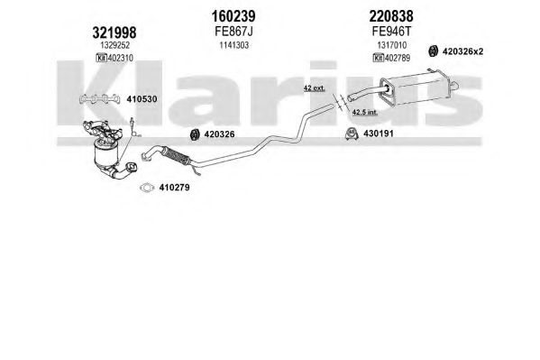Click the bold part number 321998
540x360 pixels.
pos(114,32)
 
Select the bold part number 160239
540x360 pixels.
pos(233,16)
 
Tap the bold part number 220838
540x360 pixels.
pos(391,16)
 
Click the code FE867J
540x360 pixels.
pos(233,32)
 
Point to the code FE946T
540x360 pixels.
pos(391,32)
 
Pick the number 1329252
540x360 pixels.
pos(115,45)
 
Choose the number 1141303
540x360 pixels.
pos(234,45)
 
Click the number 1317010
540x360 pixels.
pos(392,45)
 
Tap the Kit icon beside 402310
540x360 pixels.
pos(102,58)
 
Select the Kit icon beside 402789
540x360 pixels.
pos(378,58)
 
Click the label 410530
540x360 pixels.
pos(142,99)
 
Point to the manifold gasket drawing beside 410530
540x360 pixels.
pos(99,99)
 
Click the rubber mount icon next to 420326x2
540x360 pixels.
pos(433,51)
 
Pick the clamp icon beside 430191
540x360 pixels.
pos(352,134)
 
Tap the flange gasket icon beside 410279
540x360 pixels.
pos(147,188)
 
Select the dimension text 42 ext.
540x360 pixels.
pos(314,88)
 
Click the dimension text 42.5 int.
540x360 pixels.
pos(365,112)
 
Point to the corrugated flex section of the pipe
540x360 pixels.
pos(176,156)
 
